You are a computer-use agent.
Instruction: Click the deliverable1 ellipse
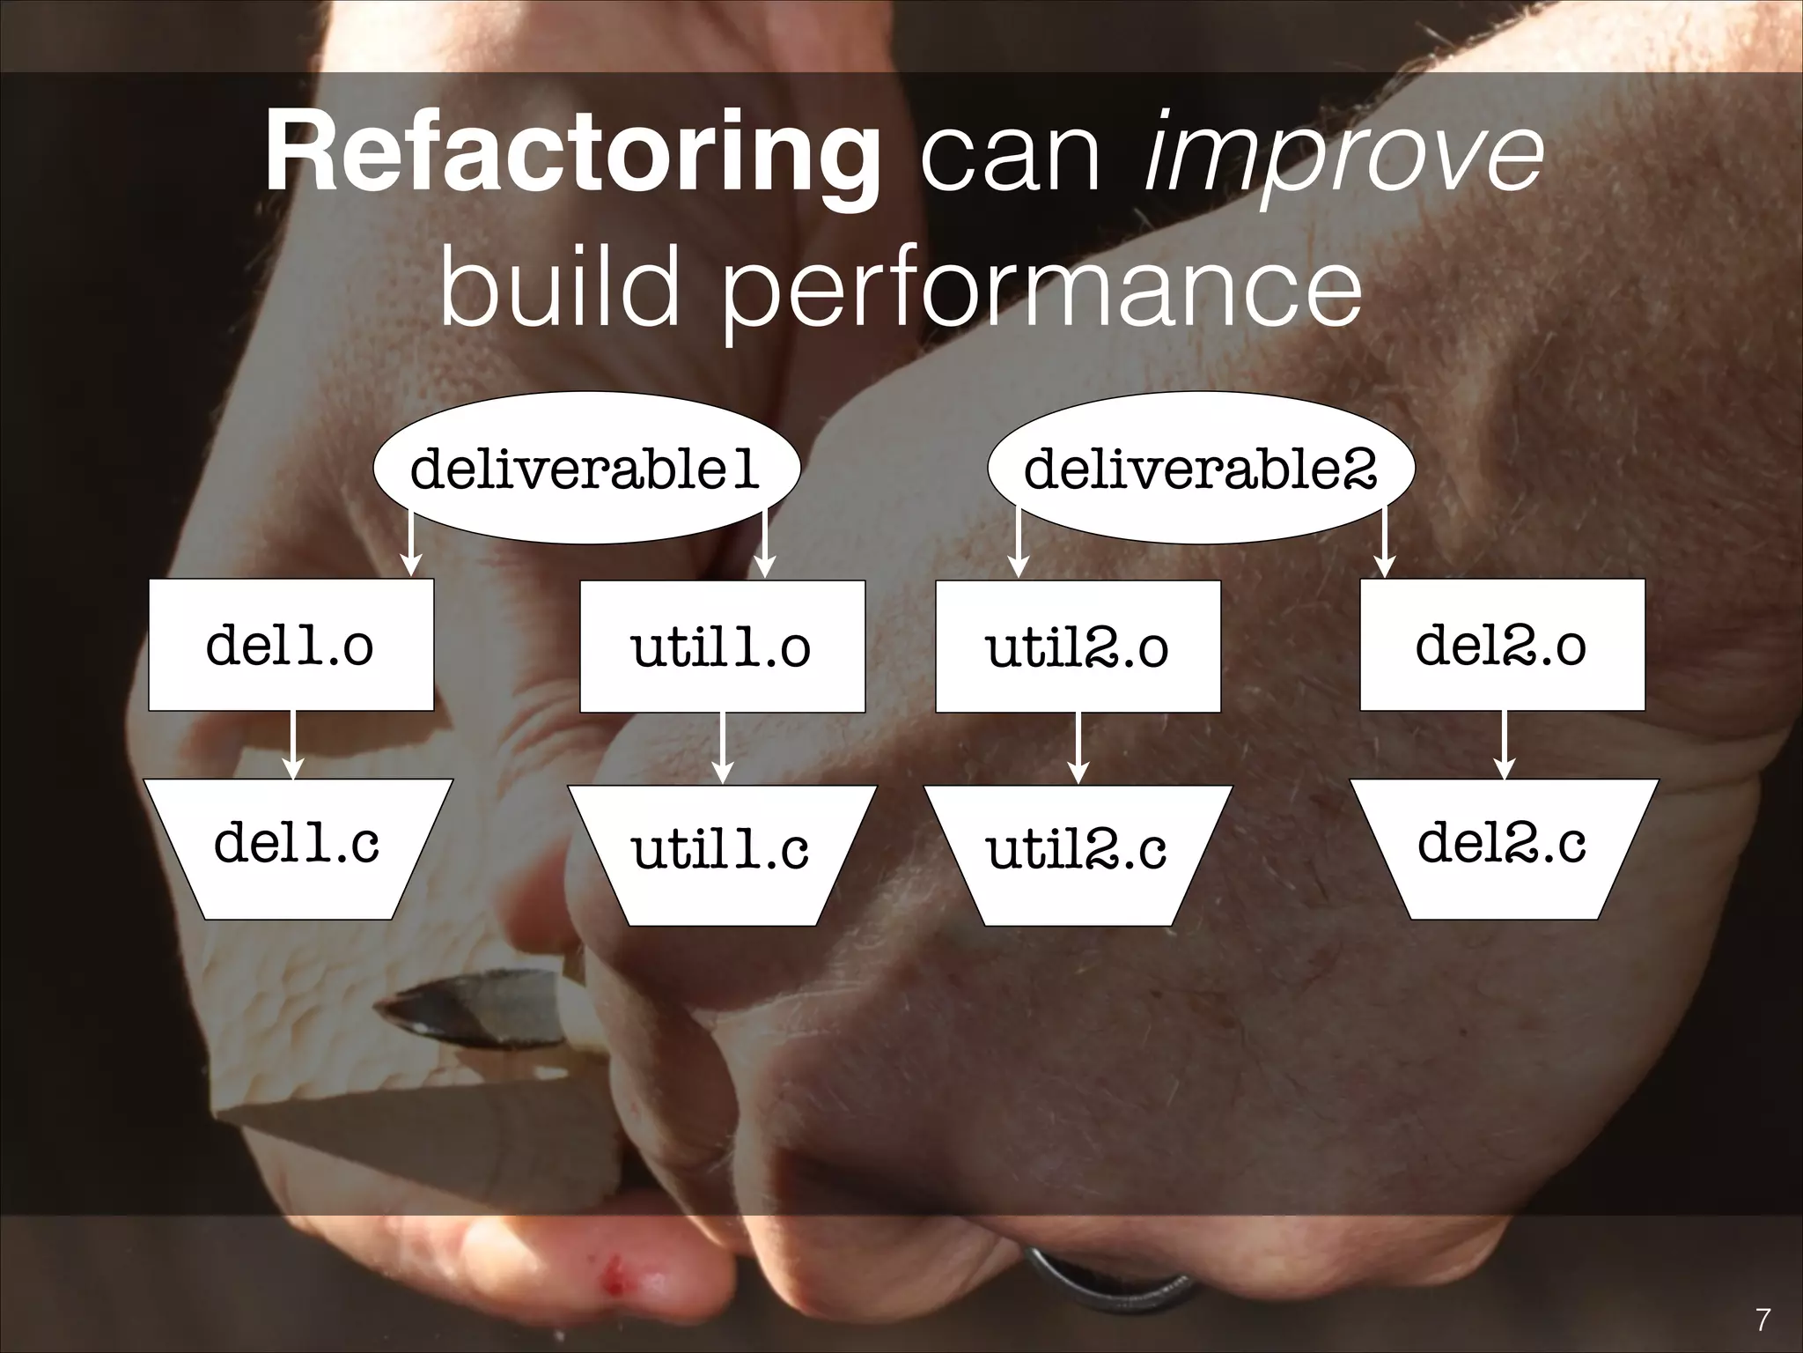pyautogui.click(x=585, y=468)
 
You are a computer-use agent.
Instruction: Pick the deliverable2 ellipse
pyautogui.click(x=1200, y=468)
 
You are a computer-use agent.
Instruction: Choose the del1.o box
pyautogui.click(x=291, y=645)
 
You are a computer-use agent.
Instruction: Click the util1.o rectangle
pyautogui.click(x=722, y=647)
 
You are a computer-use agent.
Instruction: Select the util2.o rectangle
pyautogui.click(x=1078, y=647)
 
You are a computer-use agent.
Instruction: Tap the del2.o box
pyautogui.click(x=1502, y=645)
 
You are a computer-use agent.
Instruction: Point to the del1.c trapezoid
pyautogui.click(x=298, y=847)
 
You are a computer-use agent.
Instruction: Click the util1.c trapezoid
pyautogui.click(x=722, y=853)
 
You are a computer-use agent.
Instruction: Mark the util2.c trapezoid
pyautogui.click(x=1078, y=853)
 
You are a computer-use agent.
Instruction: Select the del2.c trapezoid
pyautogui.click(x=1504, y=847)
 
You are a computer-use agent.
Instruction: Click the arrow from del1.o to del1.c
pyautogui.click(x=293, y=744)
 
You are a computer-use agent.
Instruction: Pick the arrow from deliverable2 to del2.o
pyautogui.click(x=1385, y=546)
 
